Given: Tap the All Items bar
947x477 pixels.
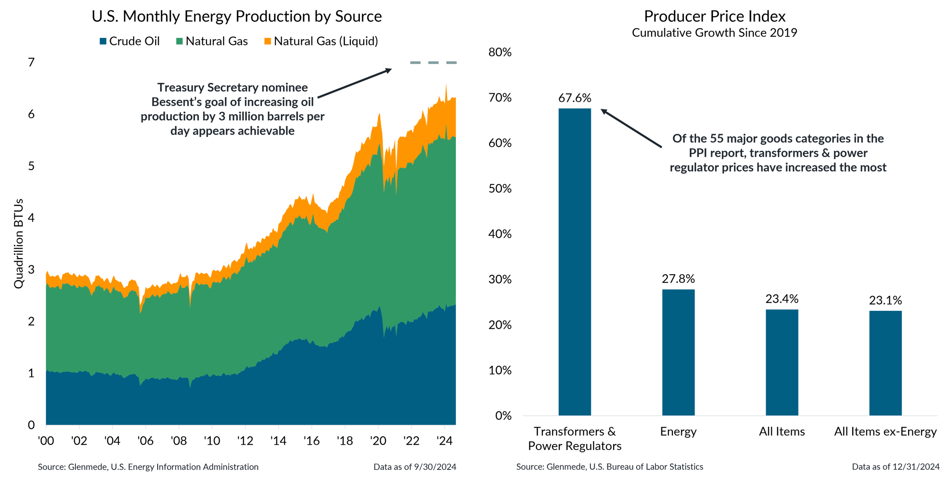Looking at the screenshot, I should (x=782, y=362).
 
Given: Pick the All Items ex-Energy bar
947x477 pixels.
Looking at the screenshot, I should (x=885, y=363).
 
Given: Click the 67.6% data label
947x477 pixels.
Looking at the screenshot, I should (x=574, y=98).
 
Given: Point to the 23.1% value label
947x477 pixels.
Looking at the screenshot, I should (x=885, y=300).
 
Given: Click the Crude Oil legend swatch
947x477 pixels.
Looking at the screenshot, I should (x=103, y=42).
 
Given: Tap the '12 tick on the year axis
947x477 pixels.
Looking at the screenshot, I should (x=245, y=441).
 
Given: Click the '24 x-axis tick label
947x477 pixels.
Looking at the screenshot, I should (x=444, y=441).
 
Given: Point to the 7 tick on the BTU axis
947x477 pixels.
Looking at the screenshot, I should (x=31, y=63).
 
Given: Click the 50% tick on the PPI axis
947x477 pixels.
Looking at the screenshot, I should (x=500, y=189).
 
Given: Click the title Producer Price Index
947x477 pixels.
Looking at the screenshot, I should (x=715, y=17).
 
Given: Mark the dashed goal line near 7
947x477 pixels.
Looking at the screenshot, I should (x=433, y=63).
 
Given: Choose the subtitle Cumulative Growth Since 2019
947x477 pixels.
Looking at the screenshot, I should (x=715, y=33).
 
